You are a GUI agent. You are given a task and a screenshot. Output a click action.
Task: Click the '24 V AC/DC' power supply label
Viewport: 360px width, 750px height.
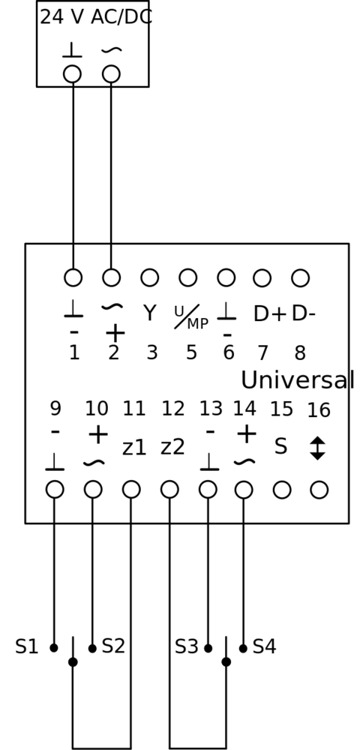pos(95,17)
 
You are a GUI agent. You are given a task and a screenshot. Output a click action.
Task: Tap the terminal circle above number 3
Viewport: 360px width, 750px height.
pos(150,277)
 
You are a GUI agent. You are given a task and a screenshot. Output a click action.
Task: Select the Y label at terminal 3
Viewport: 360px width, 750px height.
pos(150,313)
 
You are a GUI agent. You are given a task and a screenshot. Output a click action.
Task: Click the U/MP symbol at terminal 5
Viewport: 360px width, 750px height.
pos(190,317)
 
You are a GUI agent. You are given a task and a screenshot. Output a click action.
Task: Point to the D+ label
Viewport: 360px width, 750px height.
pos(270,313)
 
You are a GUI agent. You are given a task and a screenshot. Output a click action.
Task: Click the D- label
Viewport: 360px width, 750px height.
pos(303,313)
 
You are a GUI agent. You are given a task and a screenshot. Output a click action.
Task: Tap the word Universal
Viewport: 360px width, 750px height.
pos(297,380)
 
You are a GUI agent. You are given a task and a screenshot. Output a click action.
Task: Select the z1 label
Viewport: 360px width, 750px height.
pos(133,447)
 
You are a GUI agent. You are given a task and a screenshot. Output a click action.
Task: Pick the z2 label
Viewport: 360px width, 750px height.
pos(172,447)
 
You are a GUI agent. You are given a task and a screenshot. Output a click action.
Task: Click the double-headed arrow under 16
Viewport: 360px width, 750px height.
pos(317,448)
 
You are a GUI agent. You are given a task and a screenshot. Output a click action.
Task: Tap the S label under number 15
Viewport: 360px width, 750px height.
pos(280,446)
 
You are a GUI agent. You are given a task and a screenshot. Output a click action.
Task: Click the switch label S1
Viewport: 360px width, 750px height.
pos(26,646)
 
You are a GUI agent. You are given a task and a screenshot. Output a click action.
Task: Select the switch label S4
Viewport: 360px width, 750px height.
pos(265,646)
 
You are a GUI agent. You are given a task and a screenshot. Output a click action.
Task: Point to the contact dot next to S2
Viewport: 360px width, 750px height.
pos(92,648)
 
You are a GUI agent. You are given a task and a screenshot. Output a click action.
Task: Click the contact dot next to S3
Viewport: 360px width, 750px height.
pos(208,648)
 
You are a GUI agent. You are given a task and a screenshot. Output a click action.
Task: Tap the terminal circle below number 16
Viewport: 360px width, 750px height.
pos(319,490)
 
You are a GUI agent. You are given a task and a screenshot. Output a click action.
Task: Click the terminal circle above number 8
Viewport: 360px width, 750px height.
pos(300,278)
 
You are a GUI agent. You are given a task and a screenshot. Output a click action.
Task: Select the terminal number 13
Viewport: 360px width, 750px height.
pos(211,409)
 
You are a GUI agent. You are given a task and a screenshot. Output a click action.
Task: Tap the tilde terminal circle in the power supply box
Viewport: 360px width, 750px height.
pos(111,74)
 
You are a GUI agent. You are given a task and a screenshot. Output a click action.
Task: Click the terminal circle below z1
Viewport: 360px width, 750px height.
pos(131,490)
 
